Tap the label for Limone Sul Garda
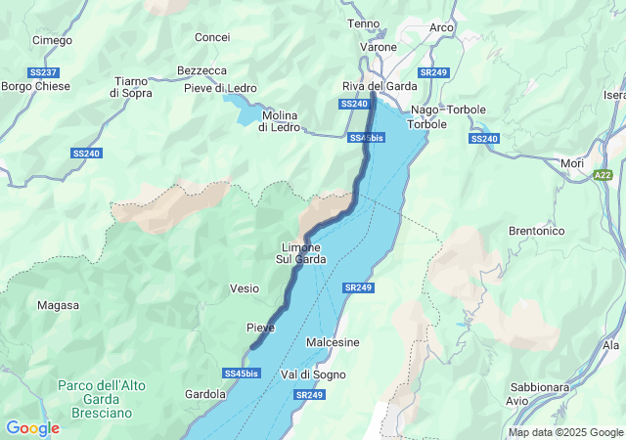301,253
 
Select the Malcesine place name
333,342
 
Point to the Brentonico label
537,231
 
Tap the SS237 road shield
43,72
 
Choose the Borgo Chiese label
33,86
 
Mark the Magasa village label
58,305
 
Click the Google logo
32,428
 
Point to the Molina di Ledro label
279,121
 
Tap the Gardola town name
205,394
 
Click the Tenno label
364,22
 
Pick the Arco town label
441,27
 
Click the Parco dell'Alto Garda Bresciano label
101,399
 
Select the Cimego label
52,40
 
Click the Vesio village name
245,288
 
